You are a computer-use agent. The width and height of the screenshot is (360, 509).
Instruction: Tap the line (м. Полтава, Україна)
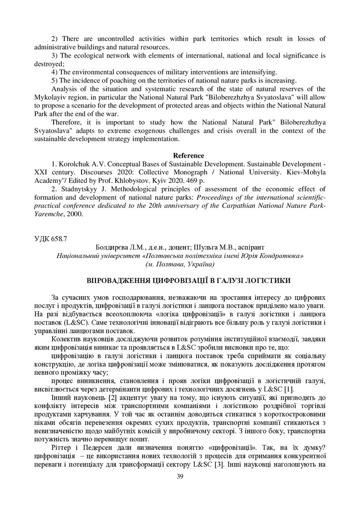[180, 263]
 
